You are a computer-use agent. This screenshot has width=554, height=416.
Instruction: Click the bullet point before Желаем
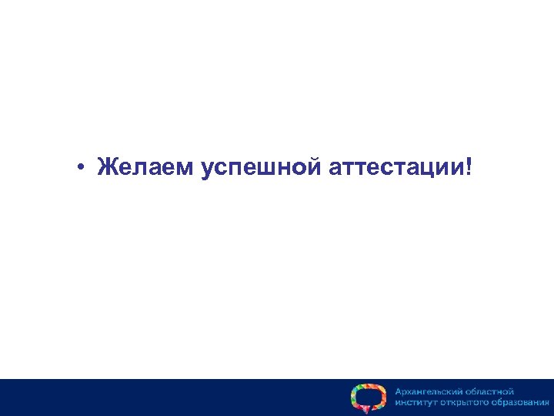coord(80,167)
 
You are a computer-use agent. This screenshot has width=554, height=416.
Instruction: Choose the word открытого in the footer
coord(466,403)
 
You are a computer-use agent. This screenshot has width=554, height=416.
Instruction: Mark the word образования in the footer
coord(519,403)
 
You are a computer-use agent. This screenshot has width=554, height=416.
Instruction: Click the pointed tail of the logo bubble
coord(365,411)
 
